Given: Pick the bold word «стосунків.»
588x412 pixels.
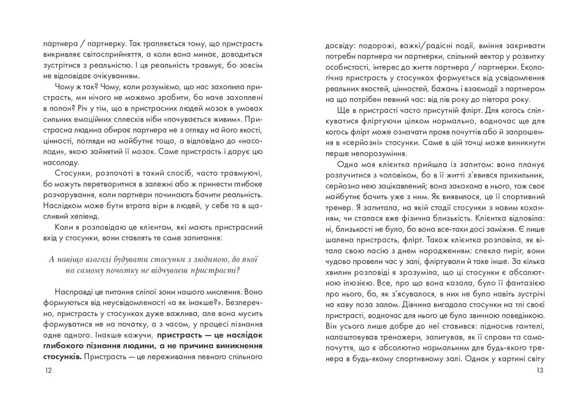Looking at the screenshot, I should (x=63, y=356).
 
